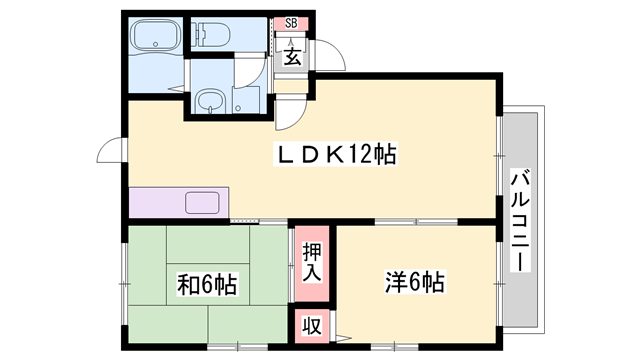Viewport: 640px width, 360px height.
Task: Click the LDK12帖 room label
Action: [x=336, y=155]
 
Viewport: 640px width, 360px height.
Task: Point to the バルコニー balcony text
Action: [x=520, y=220]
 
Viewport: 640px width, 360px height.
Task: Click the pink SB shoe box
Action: [x=291, y=23]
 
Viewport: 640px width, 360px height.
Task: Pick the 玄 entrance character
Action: [x=291, y=56]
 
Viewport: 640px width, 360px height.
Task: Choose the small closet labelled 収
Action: [x=309, y=325]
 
